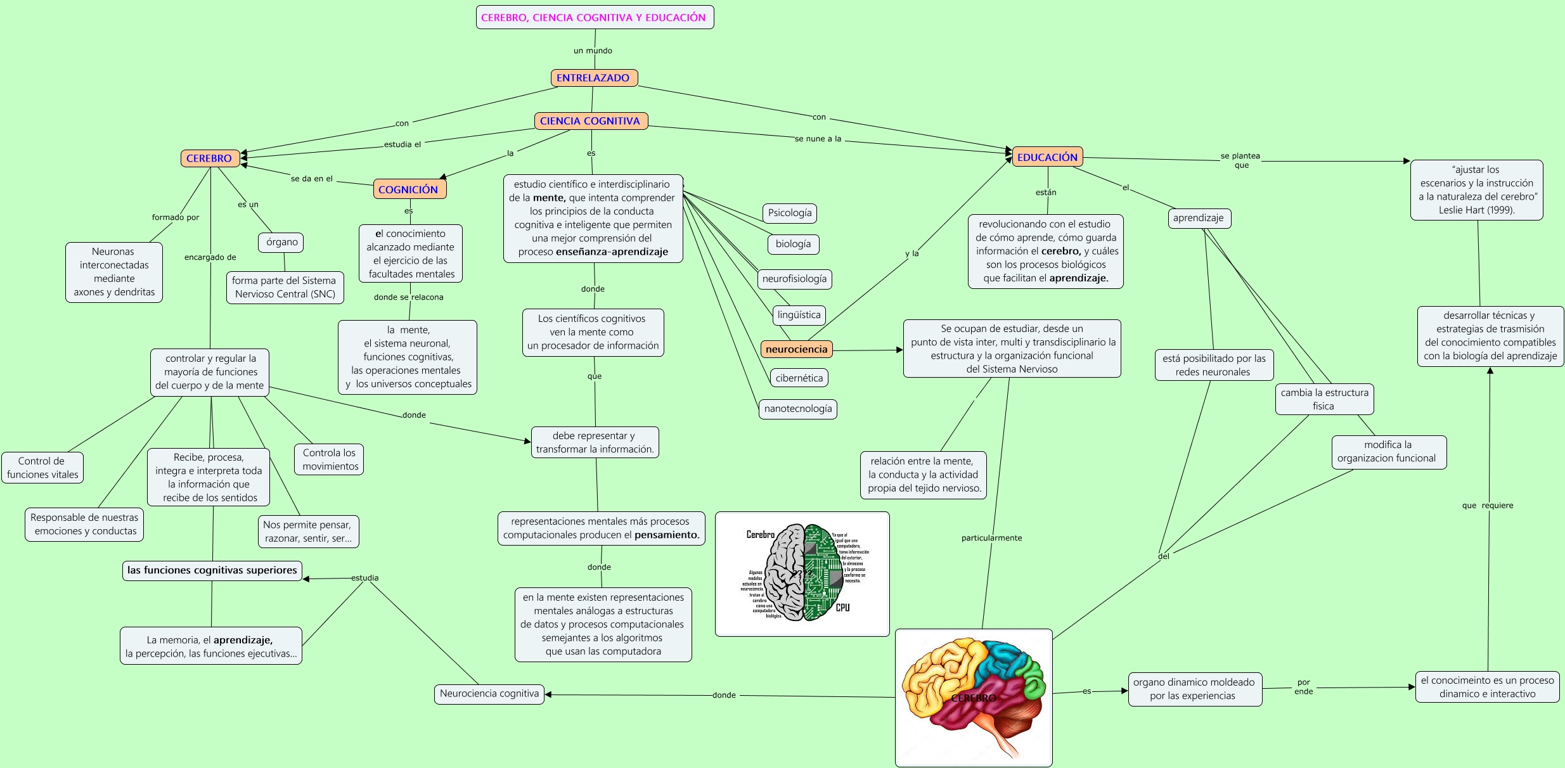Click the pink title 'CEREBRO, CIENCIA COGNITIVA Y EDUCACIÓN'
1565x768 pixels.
pos(594,18)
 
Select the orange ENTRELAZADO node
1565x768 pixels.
pos(593,78)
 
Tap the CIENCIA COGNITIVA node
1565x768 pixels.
pos(590,121)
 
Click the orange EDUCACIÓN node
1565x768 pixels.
pos(1047,157)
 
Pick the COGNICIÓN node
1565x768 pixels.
pos(409,189)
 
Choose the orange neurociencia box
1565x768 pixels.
pos(796,349)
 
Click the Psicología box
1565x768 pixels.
pos(789,213)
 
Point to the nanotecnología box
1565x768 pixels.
pos(798,409)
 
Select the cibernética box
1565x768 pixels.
pos(799,378)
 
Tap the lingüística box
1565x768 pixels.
pos(799,315)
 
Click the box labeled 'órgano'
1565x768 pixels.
pos(281,242)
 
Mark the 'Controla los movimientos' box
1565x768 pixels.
pos(329,459)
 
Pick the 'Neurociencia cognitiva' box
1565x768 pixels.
pos(489,694)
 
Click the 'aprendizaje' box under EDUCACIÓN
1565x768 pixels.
pos(1198,218)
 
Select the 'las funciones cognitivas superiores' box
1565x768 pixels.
pos(212,570)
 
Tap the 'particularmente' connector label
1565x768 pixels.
pos(991,538)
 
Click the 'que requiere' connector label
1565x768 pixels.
pos(1487,506)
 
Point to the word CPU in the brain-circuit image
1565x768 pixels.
pos(842,608)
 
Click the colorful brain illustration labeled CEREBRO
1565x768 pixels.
pos(974,697)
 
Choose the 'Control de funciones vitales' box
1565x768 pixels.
pos(42,468)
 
